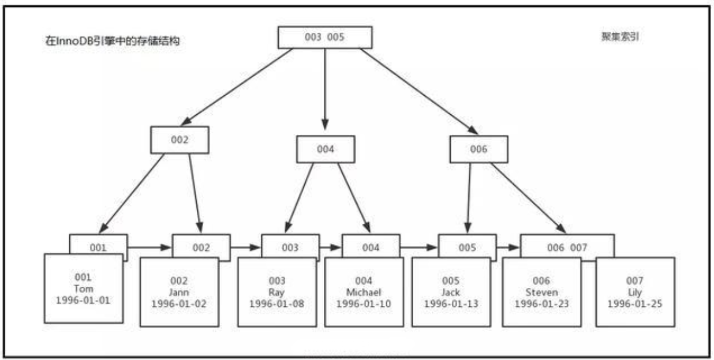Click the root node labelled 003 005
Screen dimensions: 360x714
tap(325, 37)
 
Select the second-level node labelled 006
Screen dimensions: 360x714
tap(479, 149)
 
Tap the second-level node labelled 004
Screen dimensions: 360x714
tap(326, 149)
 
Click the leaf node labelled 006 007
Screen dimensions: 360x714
tap(567, 247)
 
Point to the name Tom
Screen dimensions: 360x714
tap(84, 288)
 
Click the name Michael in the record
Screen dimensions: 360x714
tap(364, 292)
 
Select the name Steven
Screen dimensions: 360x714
tap(541, 292)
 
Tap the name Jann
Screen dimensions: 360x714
tap(179, 292)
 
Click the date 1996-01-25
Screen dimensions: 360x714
tap(635, 303)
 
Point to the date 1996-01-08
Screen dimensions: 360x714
tap(276, 303)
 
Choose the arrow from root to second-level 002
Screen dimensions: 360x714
tap(237, 87)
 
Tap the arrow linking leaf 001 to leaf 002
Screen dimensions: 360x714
tap(149, 247)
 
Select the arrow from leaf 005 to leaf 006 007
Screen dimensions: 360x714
tap(508, 247)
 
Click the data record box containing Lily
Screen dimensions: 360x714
tap(635, 291)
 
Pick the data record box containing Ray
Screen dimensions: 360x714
tap(276, 291)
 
